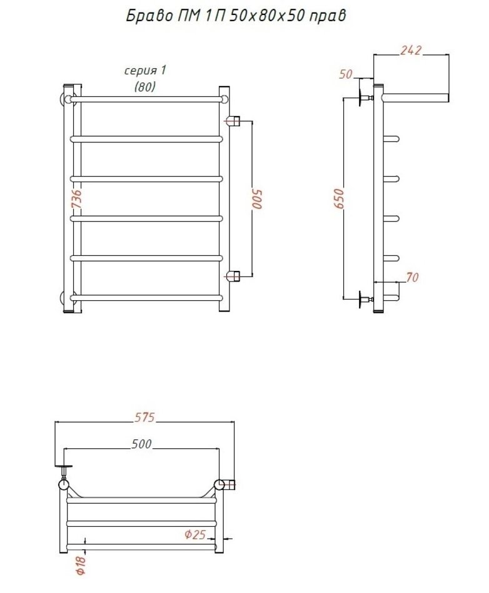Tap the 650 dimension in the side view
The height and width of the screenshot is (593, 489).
click(338, 198)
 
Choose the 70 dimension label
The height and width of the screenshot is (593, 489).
click(412, 278)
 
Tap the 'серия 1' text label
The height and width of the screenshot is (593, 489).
click(144, 70)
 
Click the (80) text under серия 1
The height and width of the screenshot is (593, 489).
click(144, 87)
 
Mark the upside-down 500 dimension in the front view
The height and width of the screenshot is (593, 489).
click(256, 198)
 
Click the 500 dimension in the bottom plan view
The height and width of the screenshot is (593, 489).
click(142, 444)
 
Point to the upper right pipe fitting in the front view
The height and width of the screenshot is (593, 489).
click(234, 120)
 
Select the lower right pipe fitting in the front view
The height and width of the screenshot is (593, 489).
click(234, 275)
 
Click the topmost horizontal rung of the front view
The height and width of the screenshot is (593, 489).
click(148, 99)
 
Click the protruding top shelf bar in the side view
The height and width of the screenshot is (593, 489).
click(415, 97)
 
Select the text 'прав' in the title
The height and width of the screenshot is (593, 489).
click(326, 17)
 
